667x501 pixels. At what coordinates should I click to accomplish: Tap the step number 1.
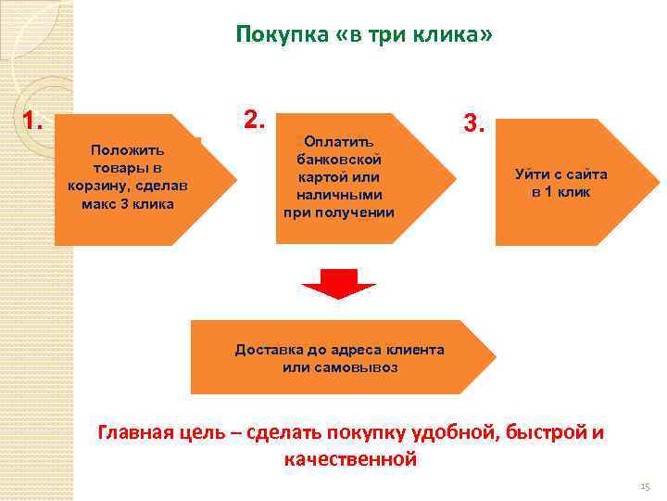tap(34, 122)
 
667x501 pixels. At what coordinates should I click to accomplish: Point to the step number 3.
tap(472, 123)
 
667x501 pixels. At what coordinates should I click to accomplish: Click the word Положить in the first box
tap(127, 148)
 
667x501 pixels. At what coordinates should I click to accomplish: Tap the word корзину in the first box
tap(99, 185)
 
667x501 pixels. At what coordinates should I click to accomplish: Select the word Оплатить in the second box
tap(338, 142)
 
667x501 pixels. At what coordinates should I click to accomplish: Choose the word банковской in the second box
tap(339, 160)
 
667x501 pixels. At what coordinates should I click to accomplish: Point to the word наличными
tap(339, 195)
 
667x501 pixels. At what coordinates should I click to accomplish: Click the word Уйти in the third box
tap(534, 174)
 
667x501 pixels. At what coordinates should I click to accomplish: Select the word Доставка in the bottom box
tap(268, 350)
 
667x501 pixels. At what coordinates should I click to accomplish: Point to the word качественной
tap(351, 459)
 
